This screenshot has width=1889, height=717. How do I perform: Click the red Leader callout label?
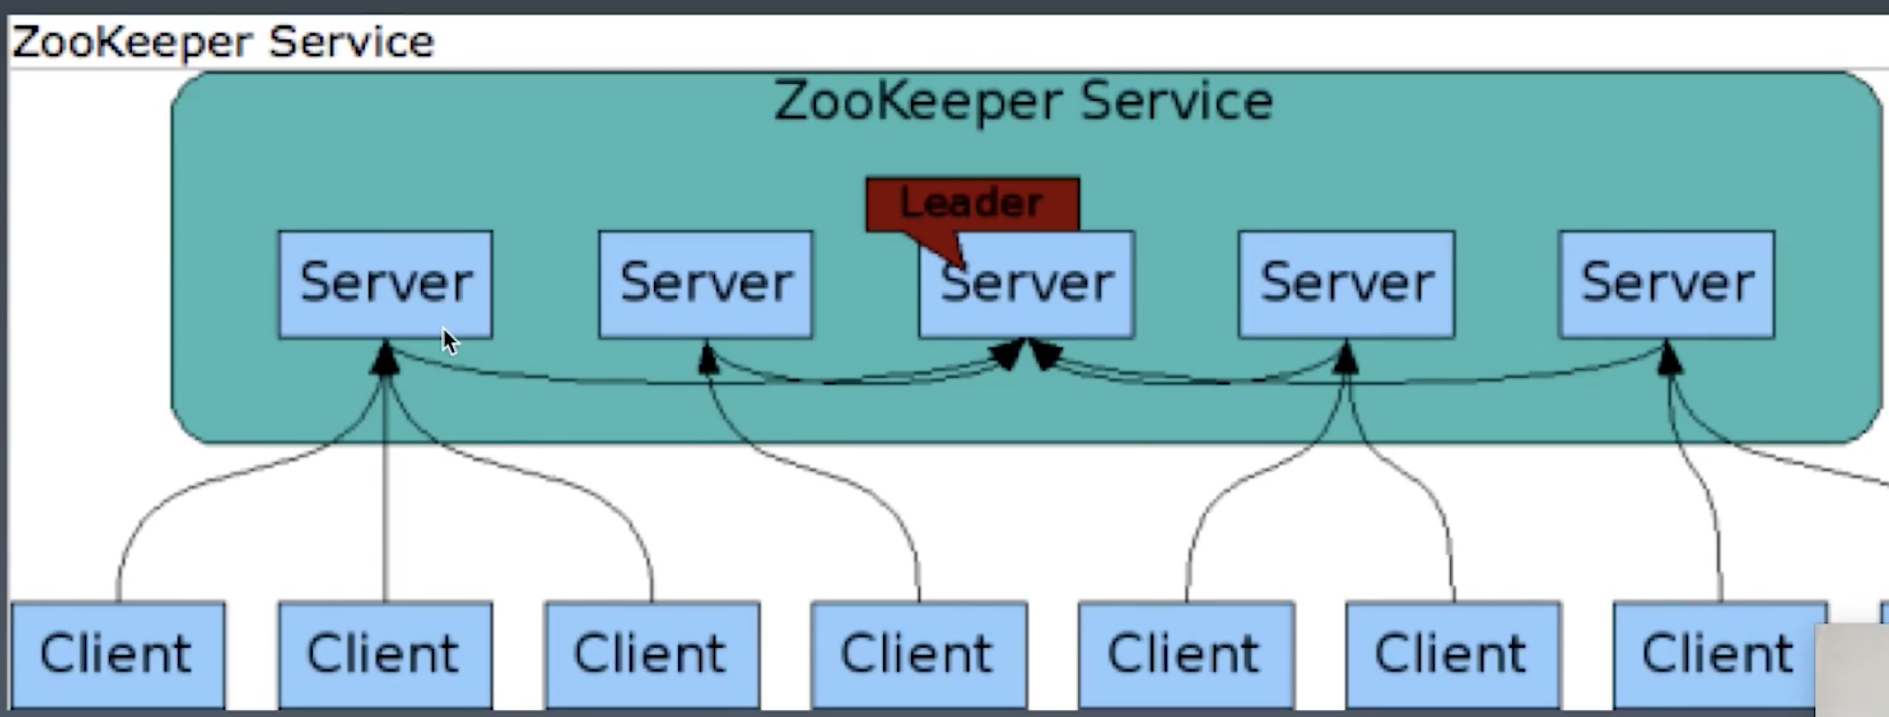[971, 203]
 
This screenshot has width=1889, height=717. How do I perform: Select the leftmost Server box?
[385, 284]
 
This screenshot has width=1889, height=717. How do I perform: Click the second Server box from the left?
[705, 284]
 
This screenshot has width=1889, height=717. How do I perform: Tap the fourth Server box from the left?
[1346, 284]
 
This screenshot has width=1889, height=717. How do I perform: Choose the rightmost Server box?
[1667, 284]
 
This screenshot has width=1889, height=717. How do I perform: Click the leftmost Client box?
[117, 654]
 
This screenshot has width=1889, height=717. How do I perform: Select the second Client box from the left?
[385, 654]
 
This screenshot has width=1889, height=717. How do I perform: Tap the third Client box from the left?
[652, 654]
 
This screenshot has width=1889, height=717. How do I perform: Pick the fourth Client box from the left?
[919, 654]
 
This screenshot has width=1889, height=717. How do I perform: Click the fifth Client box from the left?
[1186, 654]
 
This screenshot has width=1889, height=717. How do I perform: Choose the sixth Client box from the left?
[1453, 654]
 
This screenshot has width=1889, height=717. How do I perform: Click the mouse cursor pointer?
[450, 342]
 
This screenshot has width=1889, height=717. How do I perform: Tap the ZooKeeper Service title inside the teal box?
[1024, 101]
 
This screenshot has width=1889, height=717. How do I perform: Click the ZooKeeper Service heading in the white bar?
[223, 41]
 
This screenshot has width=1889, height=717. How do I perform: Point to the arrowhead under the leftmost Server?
[386, 359]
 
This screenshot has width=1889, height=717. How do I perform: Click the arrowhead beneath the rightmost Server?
[1669, 359]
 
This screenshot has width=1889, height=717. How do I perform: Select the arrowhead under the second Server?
[707, 359]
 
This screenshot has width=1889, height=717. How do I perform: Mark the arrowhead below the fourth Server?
[1346, 359]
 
